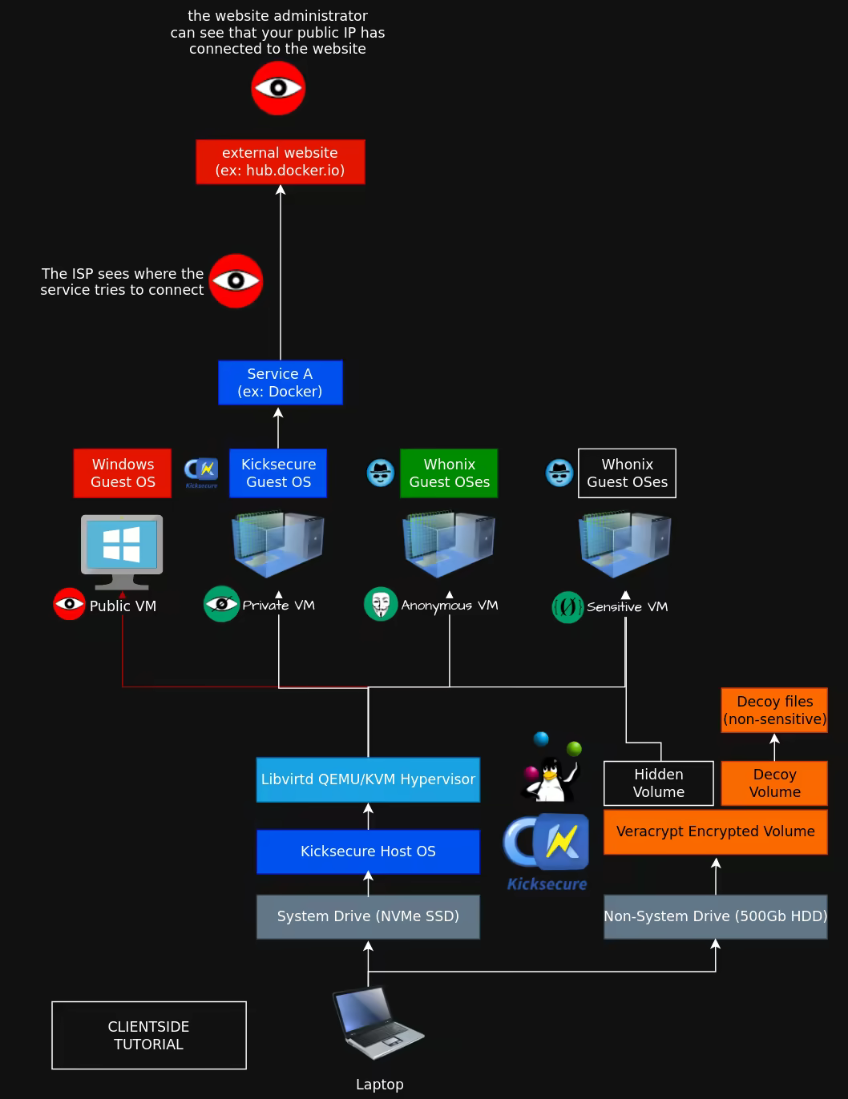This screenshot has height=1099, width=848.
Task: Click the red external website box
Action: pyautogui.click(x=281, y=162)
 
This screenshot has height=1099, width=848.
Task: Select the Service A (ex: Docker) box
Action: pyautogui.click(x=281, y=382)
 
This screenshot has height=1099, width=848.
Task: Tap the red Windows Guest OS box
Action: pyautogui.click(x=123, y=473)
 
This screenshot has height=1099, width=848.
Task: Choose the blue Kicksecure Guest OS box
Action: pyautogui.click(x=278, y=473)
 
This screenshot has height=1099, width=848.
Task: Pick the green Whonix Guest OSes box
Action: pyautogui.click(x=449, y=473)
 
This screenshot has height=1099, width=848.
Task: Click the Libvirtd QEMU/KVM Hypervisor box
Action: pyautogui.click(x=368, y=779)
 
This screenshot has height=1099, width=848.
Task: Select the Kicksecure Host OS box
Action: pyautogui.click(x=368, y=851)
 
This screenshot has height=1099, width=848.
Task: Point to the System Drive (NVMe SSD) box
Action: pyautogui.click(x=368, y=916)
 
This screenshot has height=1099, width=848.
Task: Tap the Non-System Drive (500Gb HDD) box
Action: pyautogui.click(x=715, y=916)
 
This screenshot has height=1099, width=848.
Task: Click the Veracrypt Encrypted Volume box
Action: pyautogui.click(x=715, y=832)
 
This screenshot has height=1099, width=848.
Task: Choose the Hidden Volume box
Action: pyautogui.click(x=659, y=783)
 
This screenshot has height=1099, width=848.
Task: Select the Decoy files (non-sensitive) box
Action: pyautogui.click(x=774, y=711)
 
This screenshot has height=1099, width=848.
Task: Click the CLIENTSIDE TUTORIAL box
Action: pyautogui.click(x=149, y=1035)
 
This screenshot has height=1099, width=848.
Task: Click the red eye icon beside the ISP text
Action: pyautogui.click(x=236, y=281)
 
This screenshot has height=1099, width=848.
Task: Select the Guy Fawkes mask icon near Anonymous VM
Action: pyautogui.click(x=381, y=604)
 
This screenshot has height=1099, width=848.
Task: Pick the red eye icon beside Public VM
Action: pyautogui.click(x=69, y=604)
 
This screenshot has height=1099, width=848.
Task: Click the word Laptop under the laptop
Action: pyautogui.click(x=380, y=1085)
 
